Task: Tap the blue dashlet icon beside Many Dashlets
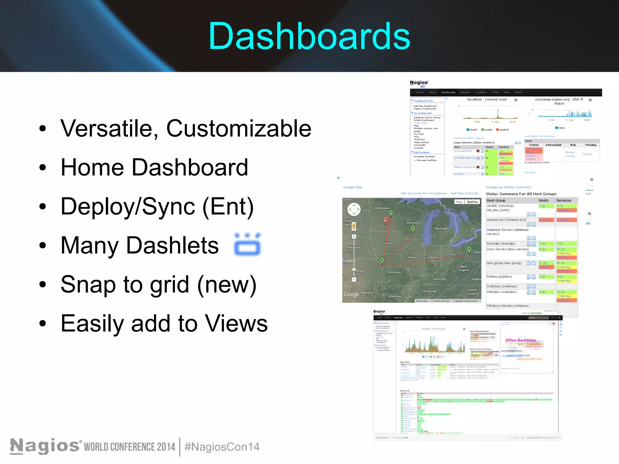pyautogui.click(x=247, y=244)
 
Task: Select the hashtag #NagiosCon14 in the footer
pyautogui.click(x=222, y=447)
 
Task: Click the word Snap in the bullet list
pyautogui.click(x=88, y=285)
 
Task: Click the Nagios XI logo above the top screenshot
pyautogui.click(x=419, y=84)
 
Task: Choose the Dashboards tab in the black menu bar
pyautogui.click(x=448, y=92)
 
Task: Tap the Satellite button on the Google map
pyautogui.click(x=472, y=202)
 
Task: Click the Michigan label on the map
pyautogui.click(x=441, y=229)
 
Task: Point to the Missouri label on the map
pyautogui.click(x=394, y=272)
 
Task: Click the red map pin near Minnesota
pyautogui.click(x=385, y=220)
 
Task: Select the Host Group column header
pyautogui.click(x=496, y=201)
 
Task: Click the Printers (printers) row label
pyautogui.click(x=499, y=277)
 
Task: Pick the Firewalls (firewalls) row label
pyautogui.click(x=501, y=244)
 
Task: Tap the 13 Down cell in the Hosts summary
pyautogui.click(x=533, y=145)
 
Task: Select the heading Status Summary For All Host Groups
pyautogui.click(x=521, y=194)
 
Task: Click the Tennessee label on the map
pyautogui.click(x=429, y=291)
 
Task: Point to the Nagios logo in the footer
pyautogui.click(x=45, y=446)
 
